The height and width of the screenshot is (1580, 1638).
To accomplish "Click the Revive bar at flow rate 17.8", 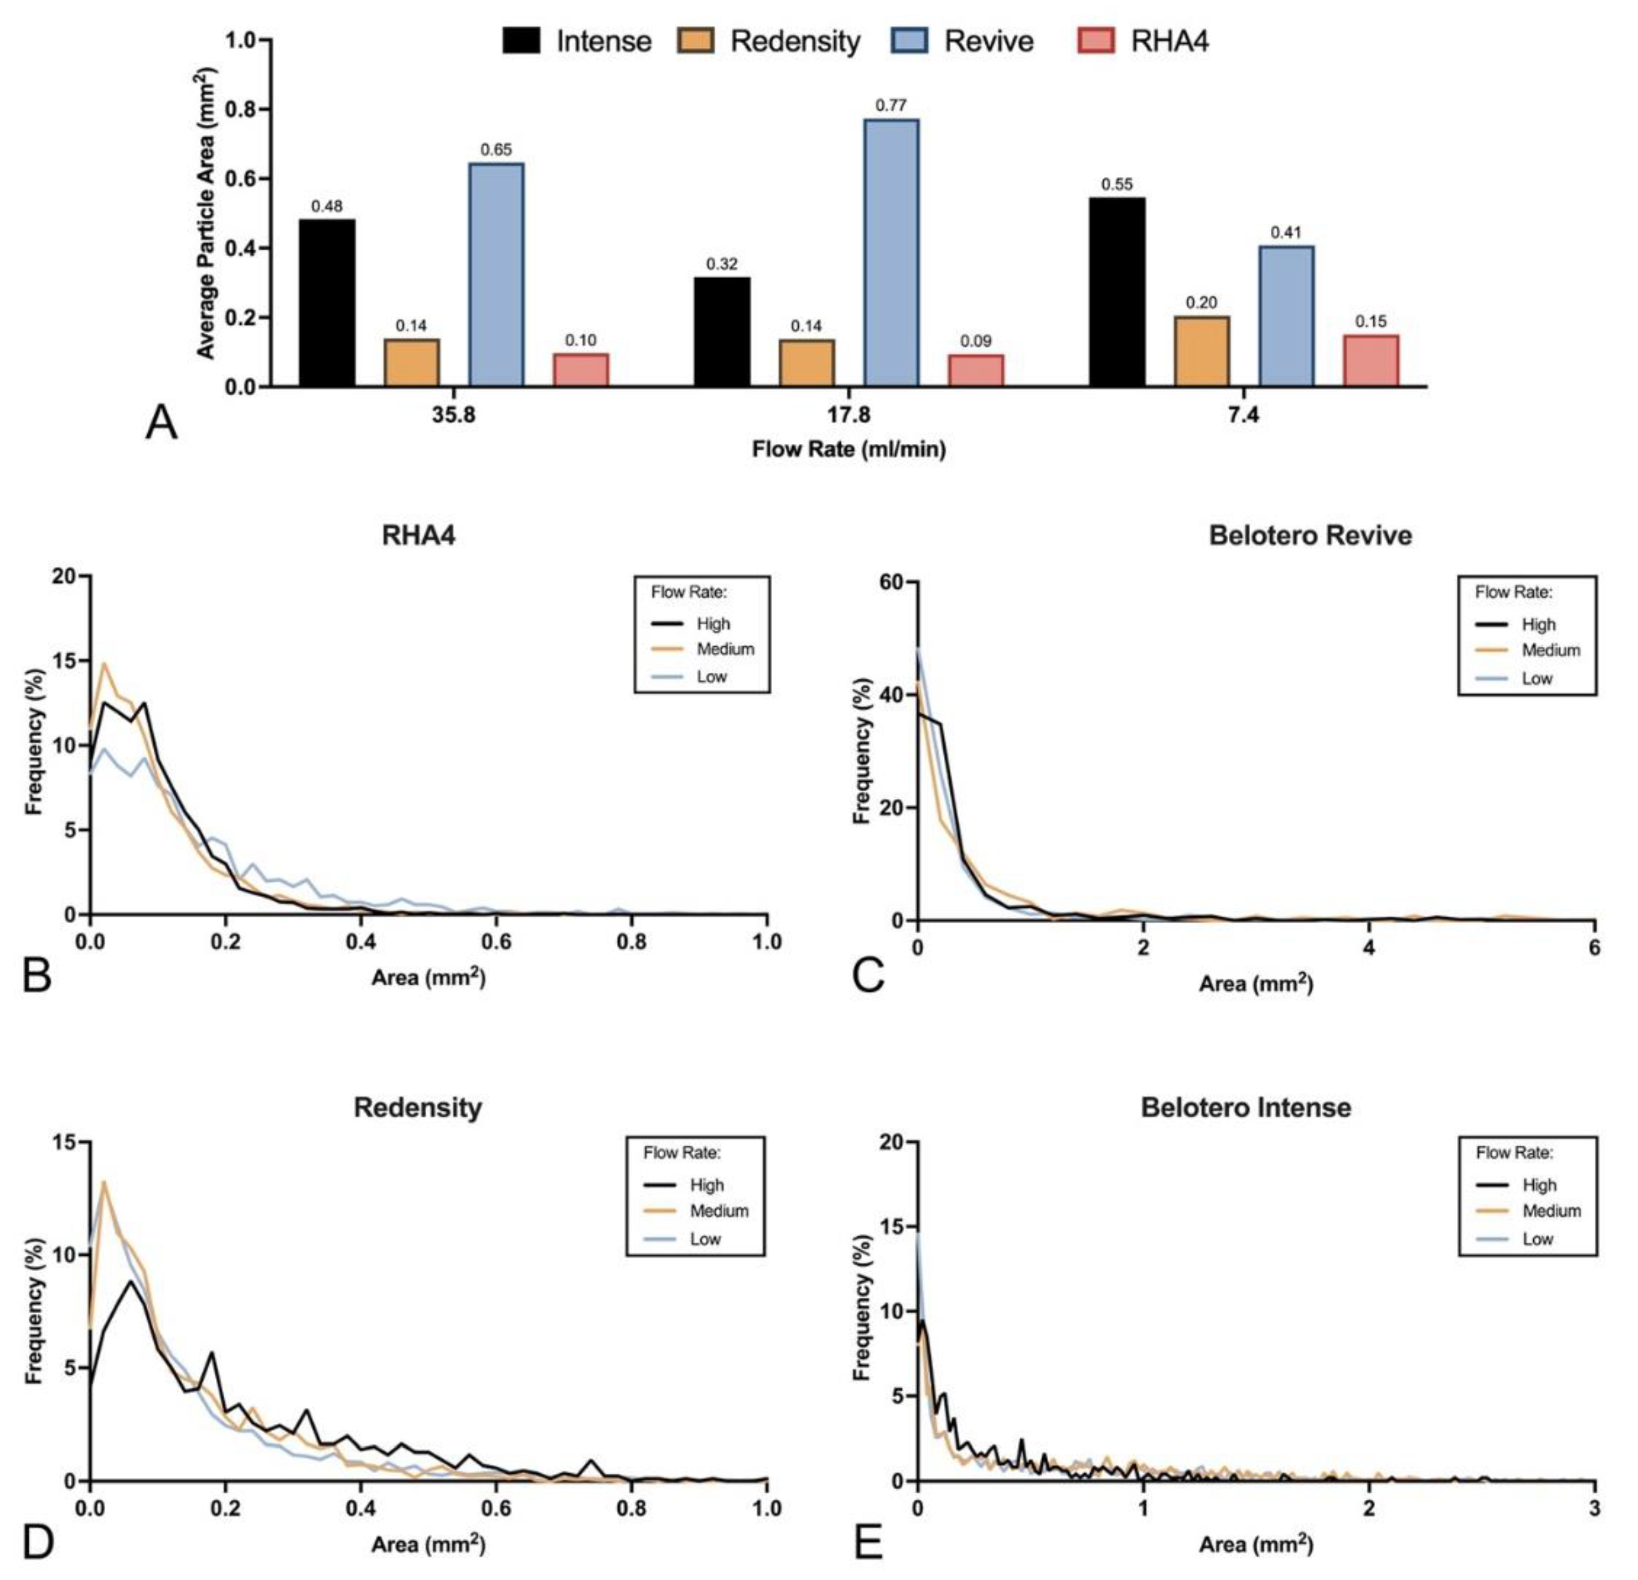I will [x=891, y=252].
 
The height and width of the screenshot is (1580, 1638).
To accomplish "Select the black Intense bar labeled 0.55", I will [x=1117, y=292].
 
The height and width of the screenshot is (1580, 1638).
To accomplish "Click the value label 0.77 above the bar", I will [x=891, y=105].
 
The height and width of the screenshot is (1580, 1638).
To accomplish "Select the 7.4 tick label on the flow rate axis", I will [x=1243, y=415].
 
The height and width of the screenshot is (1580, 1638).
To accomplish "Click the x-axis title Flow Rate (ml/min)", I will [x=848, y=450].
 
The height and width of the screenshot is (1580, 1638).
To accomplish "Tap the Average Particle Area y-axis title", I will [x=206, y=214].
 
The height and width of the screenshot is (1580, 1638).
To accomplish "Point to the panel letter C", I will [x=868, y=975].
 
